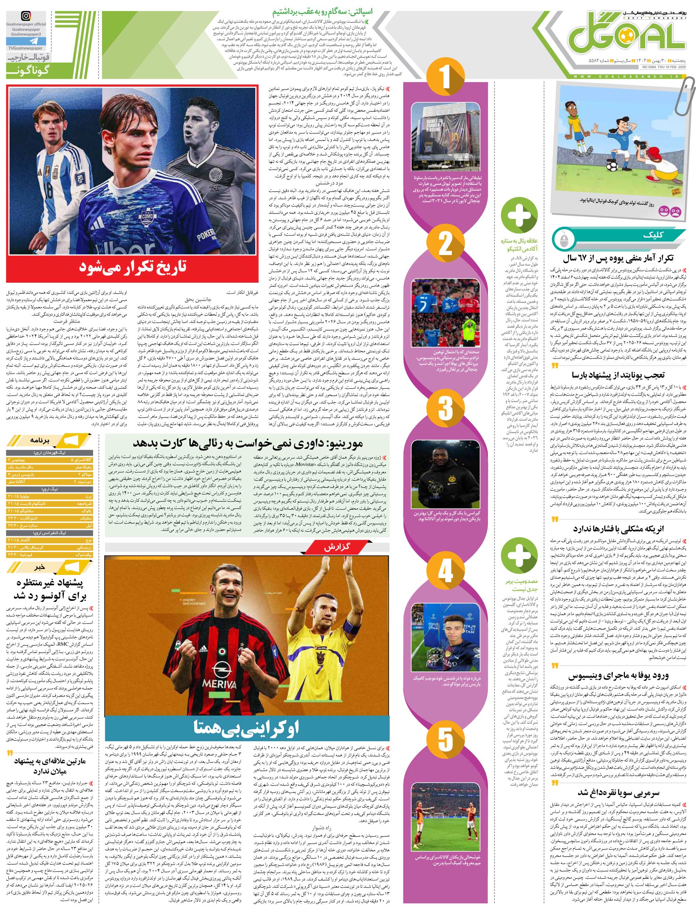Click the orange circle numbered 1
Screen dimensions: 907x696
point(444,77)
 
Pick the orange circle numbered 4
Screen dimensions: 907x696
point(444,571)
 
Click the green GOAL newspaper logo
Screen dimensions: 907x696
point(626,40)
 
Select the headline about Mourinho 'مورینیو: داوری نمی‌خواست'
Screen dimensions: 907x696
point(247,444)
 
